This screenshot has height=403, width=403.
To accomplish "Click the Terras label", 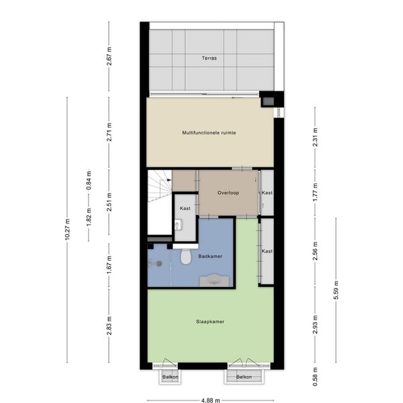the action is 209,58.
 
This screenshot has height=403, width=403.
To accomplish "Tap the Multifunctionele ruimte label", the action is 209,132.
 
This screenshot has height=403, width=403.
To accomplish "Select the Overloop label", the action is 228,193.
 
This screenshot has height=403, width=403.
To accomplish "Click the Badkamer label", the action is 210,257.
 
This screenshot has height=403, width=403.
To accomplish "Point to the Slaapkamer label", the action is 210,322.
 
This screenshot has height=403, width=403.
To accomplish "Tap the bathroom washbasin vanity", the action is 214,280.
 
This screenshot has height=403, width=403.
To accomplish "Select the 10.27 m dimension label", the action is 67,230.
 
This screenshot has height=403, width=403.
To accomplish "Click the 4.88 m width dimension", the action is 210,400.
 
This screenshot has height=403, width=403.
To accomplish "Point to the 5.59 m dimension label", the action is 336,290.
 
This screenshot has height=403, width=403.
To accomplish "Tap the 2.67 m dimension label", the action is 109,56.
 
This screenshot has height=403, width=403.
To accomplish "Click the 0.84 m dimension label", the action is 89,180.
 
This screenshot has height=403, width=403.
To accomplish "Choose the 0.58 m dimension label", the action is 315,377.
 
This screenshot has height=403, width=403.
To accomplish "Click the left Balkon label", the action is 170,377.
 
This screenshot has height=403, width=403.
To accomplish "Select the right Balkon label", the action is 244,377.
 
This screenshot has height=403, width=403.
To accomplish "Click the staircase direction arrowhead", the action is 169,180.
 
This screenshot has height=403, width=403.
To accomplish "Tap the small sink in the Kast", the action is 178,226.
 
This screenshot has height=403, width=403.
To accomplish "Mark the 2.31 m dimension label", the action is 315,137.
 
